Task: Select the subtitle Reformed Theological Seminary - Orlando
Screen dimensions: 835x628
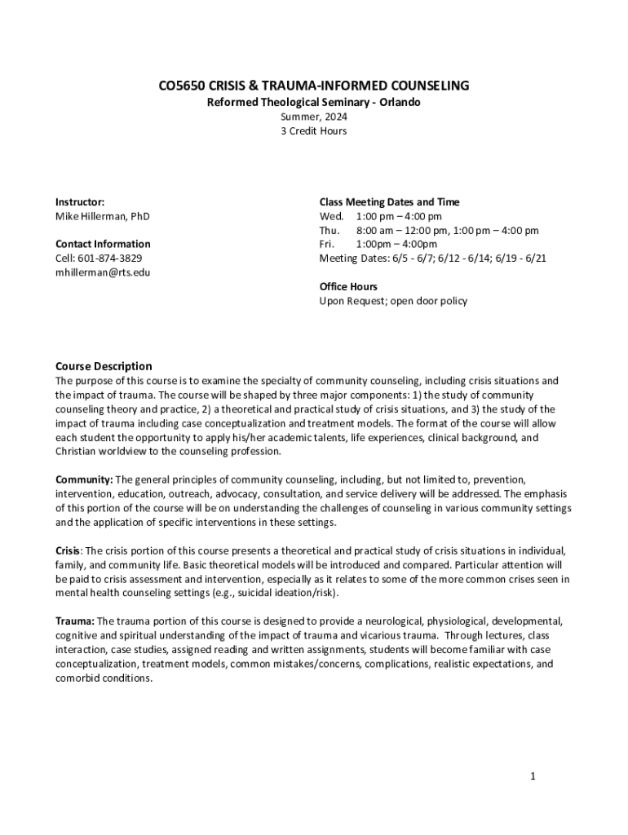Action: point(313,102)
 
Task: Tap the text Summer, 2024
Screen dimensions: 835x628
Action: point(313,117)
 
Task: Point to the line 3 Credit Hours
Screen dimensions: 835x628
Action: point(313,130)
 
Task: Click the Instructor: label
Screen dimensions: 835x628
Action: point(79,201)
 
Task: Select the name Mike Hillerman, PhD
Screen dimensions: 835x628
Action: point(102,216)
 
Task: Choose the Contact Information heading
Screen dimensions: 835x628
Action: point(103,244)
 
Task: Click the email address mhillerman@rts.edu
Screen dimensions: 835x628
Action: point(103,272)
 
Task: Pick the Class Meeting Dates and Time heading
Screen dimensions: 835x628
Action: point(389,201)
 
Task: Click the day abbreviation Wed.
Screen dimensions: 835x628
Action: point(332,216)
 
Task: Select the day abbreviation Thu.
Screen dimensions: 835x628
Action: point(330,231)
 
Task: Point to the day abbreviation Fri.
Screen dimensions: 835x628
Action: point(327,244)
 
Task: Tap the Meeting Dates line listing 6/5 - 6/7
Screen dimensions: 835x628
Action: point(432,258)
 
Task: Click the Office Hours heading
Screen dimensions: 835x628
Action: point(348,286)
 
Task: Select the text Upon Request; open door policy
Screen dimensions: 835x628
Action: point(393,301)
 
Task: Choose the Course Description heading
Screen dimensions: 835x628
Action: point(104,366)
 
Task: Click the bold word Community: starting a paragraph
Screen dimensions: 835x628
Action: point(84,479)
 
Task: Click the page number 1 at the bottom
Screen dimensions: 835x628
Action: point(533,775)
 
